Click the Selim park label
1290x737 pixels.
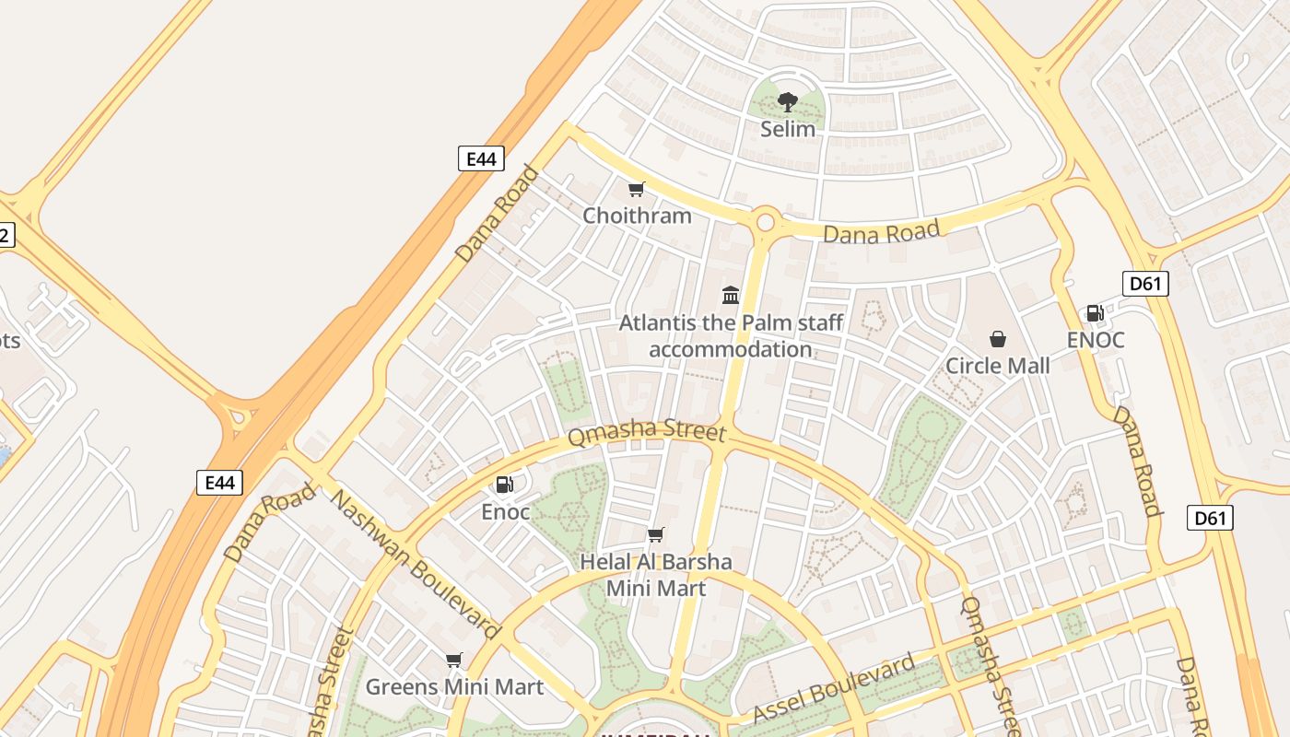pos(787,129)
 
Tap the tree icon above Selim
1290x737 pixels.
pos(787,101)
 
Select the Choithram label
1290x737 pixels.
pos(637,216)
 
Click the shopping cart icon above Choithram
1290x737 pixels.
pos(636,190)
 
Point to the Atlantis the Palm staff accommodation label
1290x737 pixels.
pos(731,336)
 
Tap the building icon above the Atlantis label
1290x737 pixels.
pos(731,295)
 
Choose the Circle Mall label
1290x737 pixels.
pos(997,366)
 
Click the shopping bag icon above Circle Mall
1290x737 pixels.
pos(997,340)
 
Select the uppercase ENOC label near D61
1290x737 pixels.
pos(1096,340)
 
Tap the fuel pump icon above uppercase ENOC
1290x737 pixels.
pos(1095,313)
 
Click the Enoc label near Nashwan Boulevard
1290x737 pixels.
pos(506,511)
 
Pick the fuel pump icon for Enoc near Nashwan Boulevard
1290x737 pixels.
pos(505,485)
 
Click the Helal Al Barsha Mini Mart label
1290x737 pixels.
pos(656,575)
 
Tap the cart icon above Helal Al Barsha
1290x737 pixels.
pos(656,535)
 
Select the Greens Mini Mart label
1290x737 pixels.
pos(454,686)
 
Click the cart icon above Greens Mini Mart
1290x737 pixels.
pos(453,660)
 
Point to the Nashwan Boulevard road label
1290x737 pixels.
pos(415,565)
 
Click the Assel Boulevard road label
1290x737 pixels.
pos(834,688)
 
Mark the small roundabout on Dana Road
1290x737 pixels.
pos(765,222)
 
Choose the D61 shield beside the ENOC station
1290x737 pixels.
pos(1145,284)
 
